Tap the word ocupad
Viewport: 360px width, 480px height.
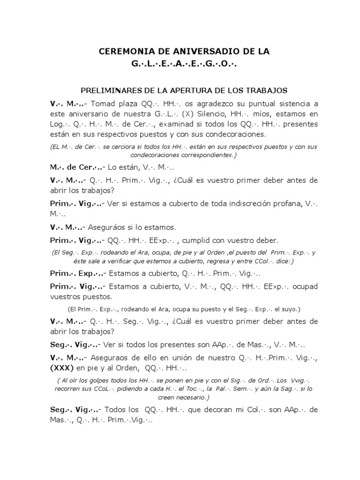[x=302, y=286]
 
